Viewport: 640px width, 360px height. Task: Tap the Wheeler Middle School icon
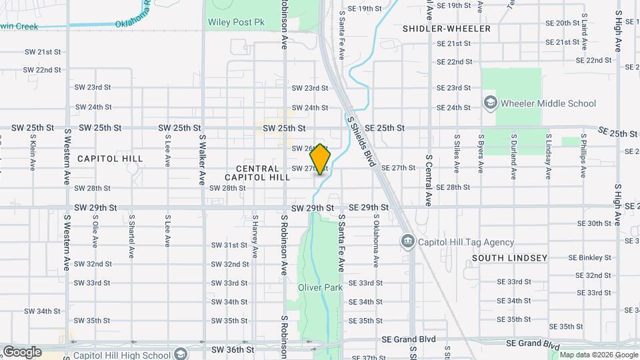[x=491, y=103]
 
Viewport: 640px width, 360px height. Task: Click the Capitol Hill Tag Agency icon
[x=407, y=241]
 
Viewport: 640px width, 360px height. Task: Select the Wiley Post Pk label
[x=235, y=22]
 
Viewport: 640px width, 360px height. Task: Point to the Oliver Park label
[x=320, y=287]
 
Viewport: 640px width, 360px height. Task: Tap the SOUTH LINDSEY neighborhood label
[x=509, y=257]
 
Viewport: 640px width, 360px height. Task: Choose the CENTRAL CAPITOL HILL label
[x=257, y=173]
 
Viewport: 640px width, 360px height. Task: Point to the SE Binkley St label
[x=589, y=257]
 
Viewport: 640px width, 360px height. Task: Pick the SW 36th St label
[x=233, y=349]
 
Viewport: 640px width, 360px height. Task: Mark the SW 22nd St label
[x=43, y=69]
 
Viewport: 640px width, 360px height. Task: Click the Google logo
[x=22, y=352]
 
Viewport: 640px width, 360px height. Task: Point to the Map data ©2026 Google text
[x=597, y=355]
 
